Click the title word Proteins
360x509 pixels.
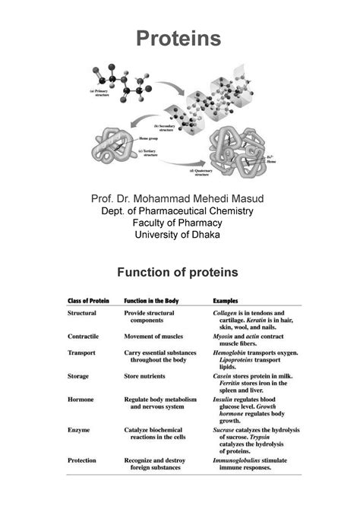tap(179, 37)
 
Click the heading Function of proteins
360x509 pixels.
tap(179, 272)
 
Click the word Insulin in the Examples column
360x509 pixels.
tap(226, 400)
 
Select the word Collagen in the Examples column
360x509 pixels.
tap(229, 313)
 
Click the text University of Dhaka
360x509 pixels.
tap(179, 235)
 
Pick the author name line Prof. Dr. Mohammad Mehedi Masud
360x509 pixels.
tap(179, 199)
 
